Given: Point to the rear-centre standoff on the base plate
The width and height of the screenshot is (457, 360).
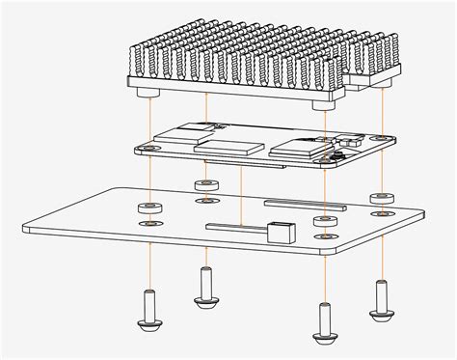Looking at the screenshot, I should (x=204, y=186).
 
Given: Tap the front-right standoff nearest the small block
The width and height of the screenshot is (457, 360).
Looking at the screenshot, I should (x=323, y=222).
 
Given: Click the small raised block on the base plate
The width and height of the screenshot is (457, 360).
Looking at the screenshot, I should (x=280, y=233).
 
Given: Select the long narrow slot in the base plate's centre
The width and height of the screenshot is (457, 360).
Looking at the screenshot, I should (x=236, y=228).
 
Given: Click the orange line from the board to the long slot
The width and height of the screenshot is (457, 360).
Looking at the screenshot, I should (x=240, y=193).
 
